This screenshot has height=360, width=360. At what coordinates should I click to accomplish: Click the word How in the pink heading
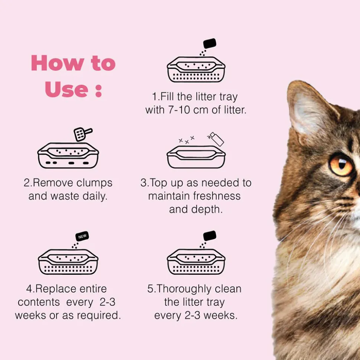58,63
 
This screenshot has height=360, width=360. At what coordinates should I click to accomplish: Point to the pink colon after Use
99,91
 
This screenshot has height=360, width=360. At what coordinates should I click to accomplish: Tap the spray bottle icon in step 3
216,139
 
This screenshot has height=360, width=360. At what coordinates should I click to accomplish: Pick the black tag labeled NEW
82,236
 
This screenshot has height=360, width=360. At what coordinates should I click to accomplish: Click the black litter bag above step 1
210,43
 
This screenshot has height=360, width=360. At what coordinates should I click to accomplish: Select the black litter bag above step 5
210,236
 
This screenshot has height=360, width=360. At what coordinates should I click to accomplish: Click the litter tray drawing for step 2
68,155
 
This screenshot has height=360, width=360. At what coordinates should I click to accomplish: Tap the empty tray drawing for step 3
196,157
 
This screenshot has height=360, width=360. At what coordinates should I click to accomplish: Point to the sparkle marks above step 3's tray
187,140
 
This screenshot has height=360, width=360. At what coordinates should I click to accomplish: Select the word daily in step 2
95,196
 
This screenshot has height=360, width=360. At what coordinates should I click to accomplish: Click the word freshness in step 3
217,196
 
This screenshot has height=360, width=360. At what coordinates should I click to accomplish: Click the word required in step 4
99,315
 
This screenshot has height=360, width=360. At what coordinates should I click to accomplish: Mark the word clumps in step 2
94,183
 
